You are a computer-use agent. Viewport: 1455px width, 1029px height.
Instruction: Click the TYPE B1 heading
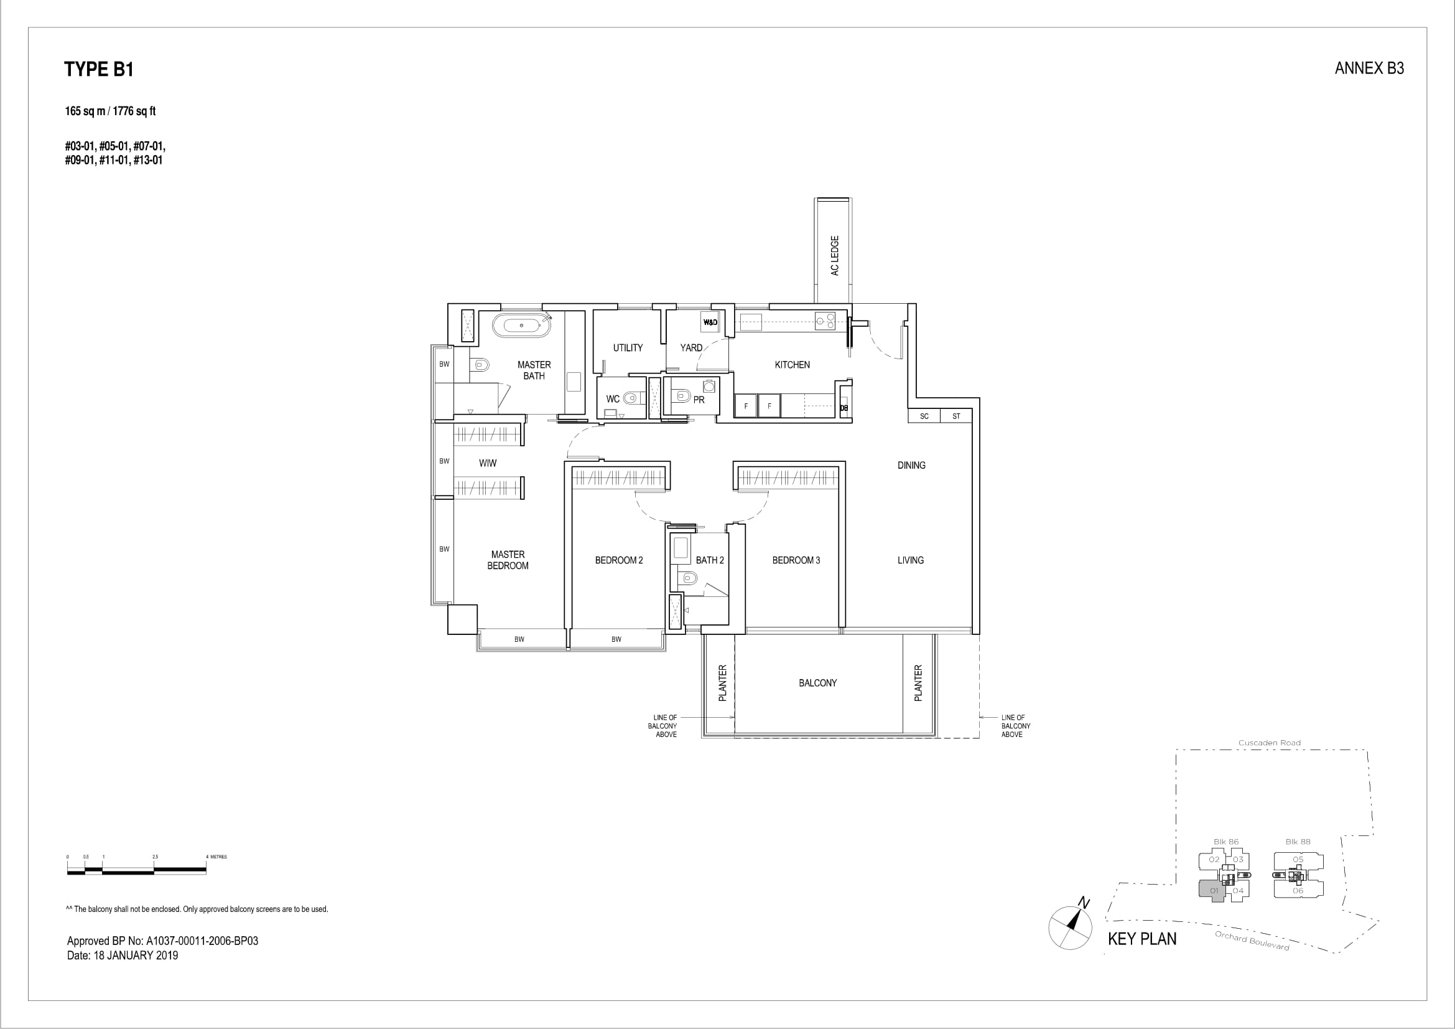pyautogui.click(x=99, y=69)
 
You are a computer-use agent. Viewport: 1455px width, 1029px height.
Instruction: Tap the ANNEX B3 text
pyautogui.click(x=1369, y=69)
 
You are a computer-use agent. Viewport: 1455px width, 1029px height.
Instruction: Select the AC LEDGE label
pyautogui.click(x=835, y=255)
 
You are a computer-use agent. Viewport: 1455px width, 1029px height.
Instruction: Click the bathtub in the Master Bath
pyautogui.click(x=521, y=326)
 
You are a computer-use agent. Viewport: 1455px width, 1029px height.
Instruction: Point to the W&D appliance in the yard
pyautogui.click(x=710, y=322)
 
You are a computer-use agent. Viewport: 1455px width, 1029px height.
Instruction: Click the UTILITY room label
pyautogui.click(x=628, y=347)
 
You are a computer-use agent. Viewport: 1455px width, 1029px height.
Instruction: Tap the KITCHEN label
pyautogui.click(x=792, y=365)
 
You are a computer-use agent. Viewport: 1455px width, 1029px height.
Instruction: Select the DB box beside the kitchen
pyautogui.click(x=844, y=408)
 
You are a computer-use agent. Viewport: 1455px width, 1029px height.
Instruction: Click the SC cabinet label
pyautogui.click(x=924, y=416)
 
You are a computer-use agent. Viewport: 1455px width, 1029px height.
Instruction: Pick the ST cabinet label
pyautogui.click(x=956, y=416)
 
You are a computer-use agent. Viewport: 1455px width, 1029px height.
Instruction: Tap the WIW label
pyautogui.click(x=487, y=464)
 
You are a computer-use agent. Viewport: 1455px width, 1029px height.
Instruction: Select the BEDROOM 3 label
pyautogui.click(x=796, y=560)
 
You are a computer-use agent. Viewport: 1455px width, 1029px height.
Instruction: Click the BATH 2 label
pyautogui.click(x=710, y=560)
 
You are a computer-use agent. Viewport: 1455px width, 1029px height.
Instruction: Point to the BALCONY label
pyautogui.click(x=817, y=683)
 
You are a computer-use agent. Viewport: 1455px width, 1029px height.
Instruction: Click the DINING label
pyautogui.click(x=911, y=466)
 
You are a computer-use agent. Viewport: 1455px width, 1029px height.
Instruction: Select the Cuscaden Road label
pyautogui.click(x=1270, y=743)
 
